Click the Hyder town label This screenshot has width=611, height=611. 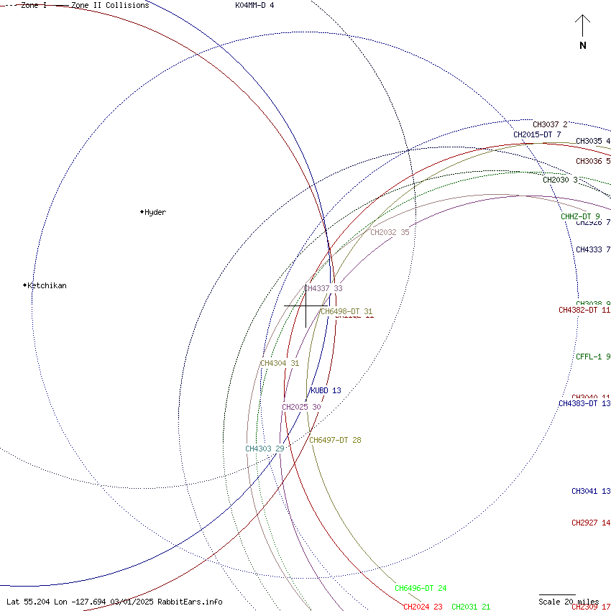(155, 213)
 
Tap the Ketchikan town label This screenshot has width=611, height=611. (47, 286)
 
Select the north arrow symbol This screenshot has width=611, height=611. (582, 32)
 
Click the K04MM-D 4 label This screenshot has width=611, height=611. (254, 6)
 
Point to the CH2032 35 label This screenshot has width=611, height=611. (390, 233)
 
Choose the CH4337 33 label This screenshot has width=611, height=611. (323, 289)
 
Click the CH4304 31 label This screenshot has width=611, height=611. (280, 364)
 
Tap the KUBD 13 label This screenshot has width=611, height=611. (325, 391)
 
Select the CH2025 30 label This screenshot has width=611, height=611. (301, 408)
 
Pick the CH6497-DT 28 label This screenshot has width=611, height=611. (335, 441)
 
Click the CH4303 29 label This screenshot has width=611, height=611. (265, 449)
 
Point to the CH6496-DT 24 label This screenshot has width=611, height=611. (421, 589)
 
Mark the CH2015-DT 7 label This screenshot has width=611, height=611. (537, 135)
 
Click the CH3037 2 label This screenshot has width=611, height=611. (550, 125)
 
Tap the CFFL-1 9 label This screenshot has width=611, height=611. (593, 357)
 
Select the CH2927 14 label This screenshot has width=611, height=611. (591, 523)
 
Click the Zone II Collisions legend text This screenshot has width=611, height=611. (109, 6)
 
